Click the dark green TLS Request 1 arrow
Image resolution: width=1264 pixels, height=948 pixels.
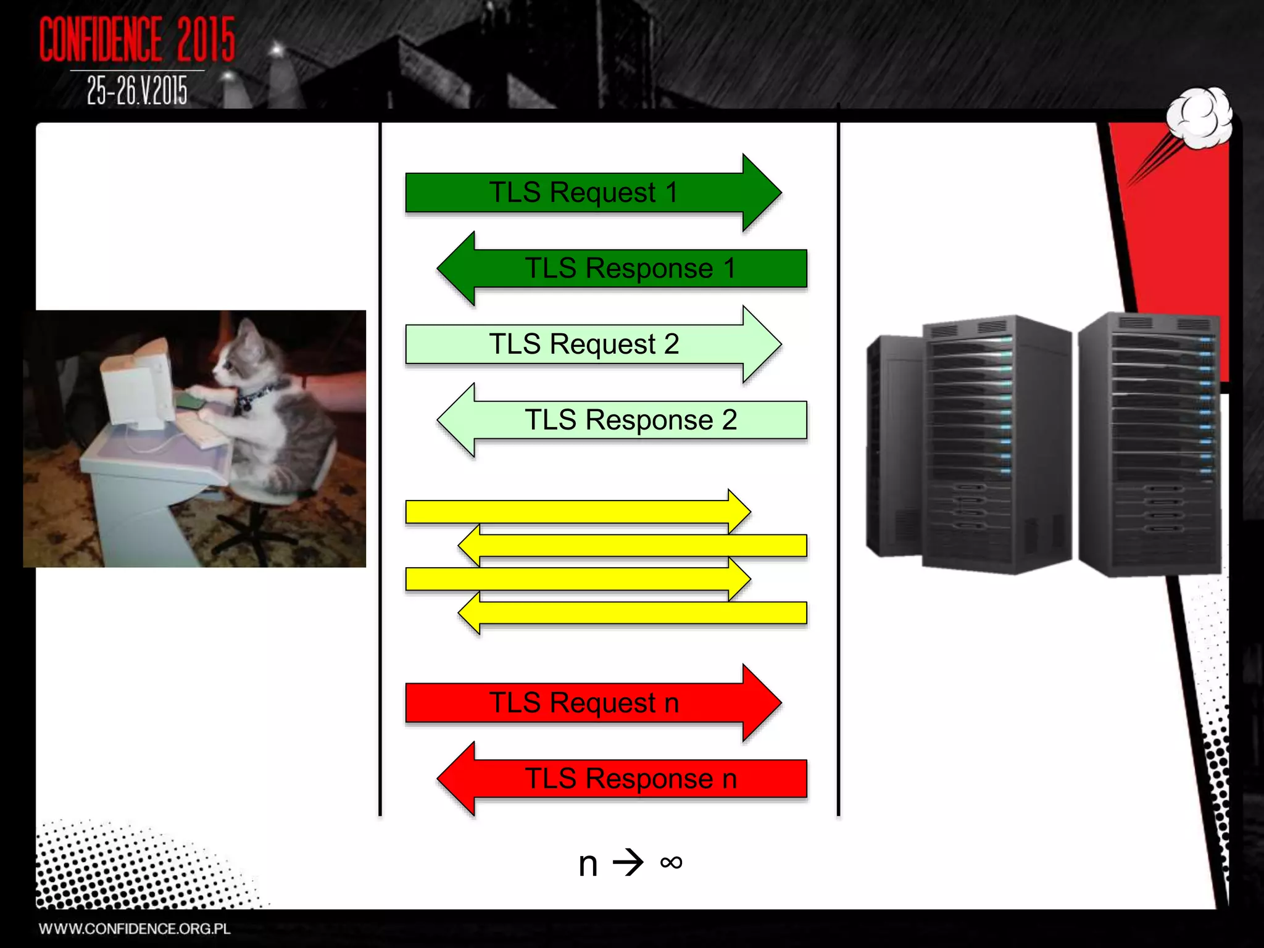pos(583,193)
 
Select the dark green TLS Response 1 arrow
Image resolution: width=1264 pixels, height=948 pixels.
pos(630,268)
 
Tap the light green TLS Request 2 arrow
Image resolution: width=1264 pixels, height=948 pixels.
pos(583,344)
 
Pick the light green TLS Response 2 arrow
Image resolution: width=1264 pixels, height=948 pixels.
pos(630,420)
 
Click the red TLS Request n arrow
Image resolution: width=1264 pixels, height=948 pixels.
pos(583,702)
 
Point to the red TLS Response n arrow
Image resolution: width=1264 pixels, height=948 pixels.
pos(630,778)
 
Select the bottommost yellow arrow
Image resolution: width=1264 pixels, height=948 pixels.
pos(636,613)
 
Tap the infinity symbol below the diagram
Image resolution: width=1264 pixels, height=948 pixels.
pos(671,862)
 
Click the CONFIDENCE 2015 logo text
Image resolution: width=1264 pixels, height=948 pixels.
pos(137,39)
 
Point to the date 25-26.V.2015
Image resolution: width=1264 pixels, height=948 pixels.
pos(137,91)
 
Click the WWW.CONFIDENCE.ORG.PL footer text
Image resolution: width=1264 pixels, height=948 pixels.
pos(135,929)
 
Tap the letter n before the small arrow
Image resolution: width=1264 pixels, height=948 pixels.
pos(588,863)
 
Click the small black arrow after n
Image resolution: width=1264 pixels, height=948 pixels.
pos(628,862)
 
